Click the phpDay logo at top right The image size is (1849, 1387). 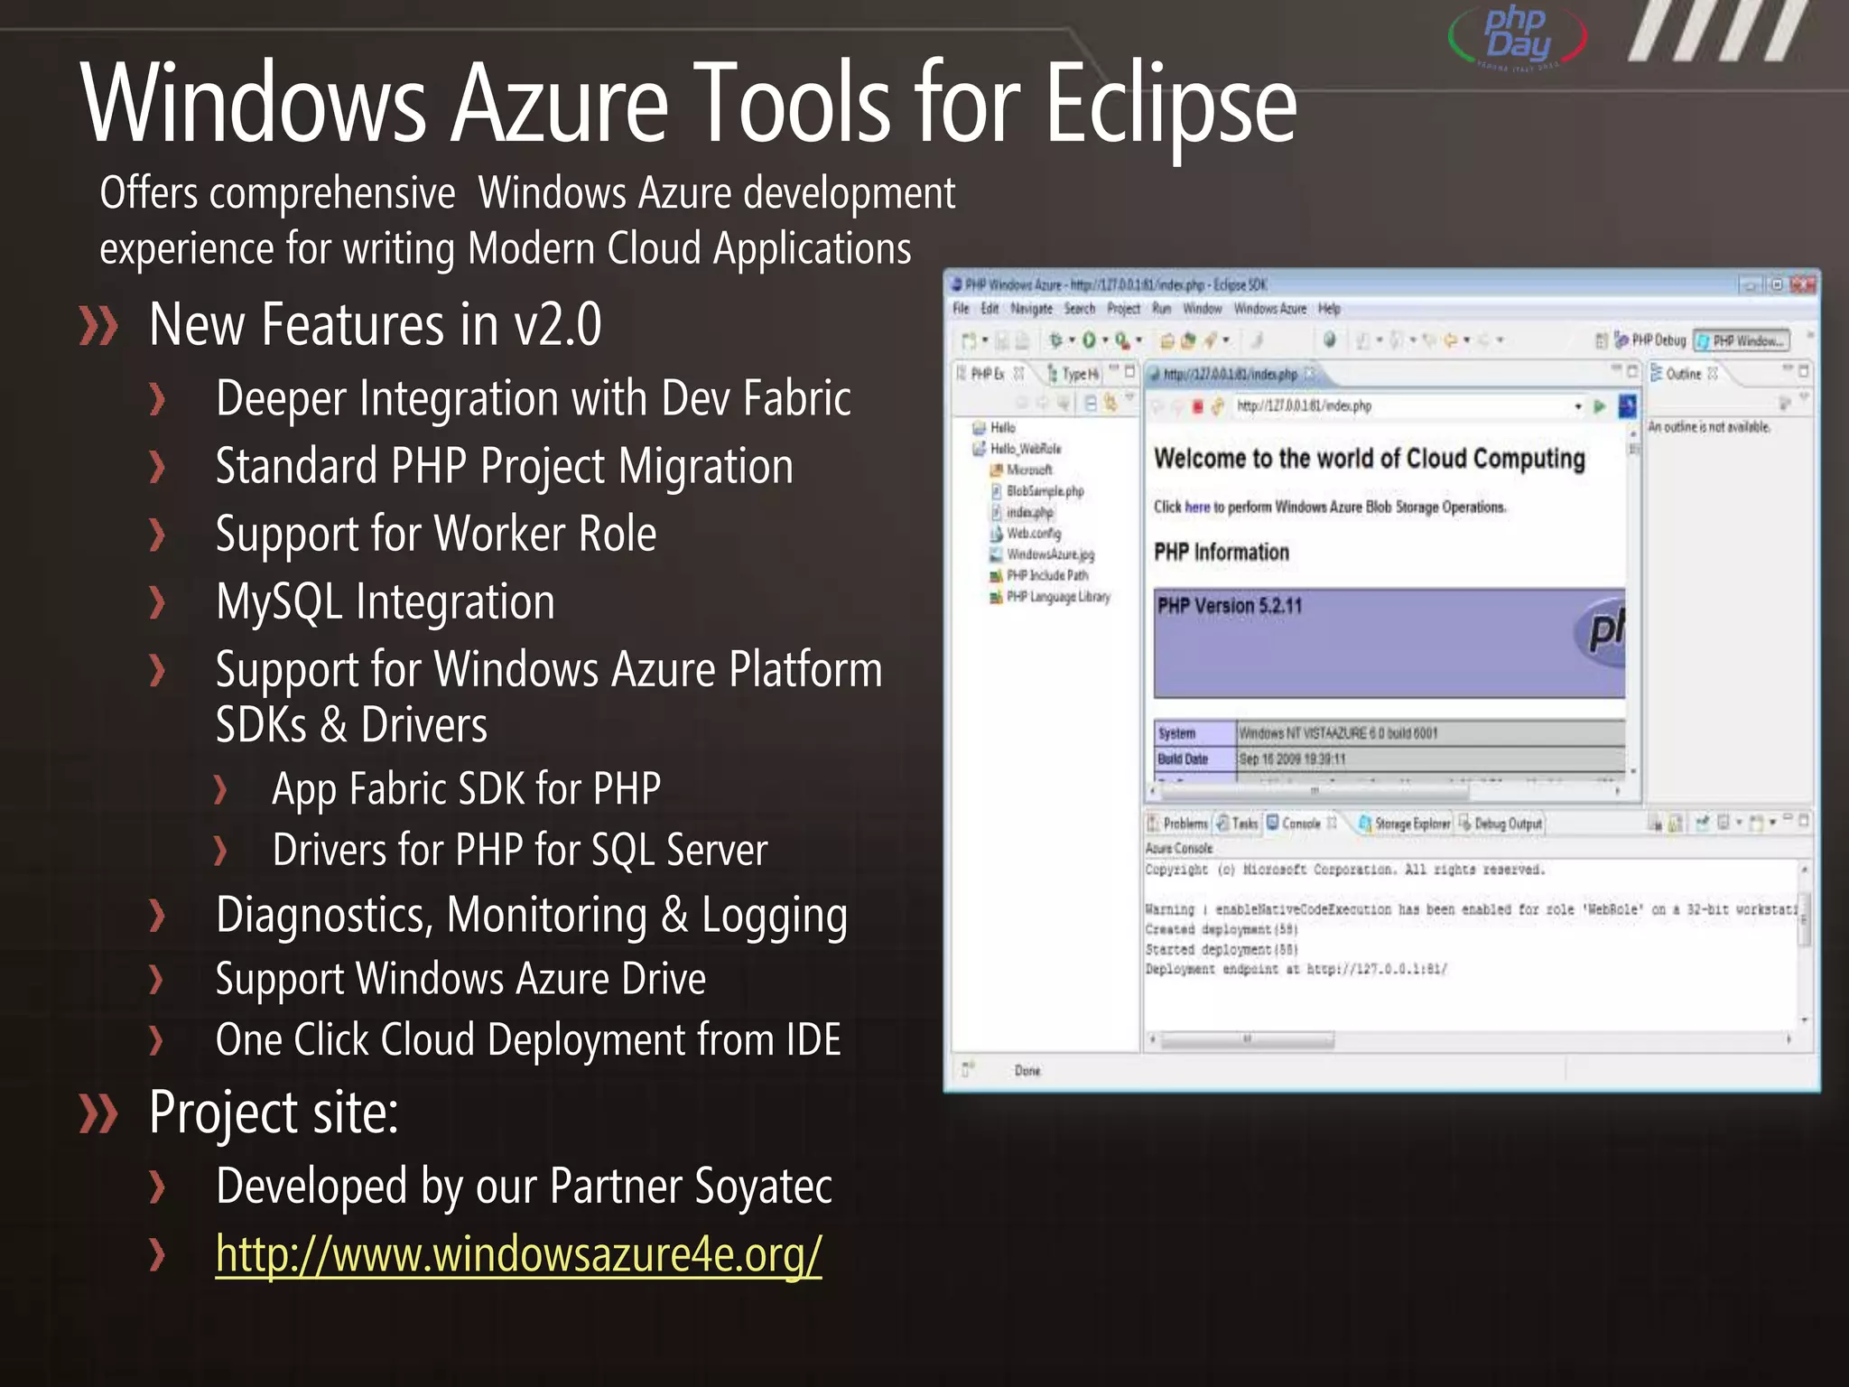(1519, 36)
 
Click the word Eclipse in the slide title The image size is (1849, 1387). (1171, 104)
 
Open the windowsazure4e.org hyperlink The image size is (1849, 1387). (518, 1254)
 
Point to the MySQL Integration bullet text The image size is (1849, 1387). (386, 601)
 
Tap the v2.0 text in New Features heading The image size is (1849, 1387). (557, 324)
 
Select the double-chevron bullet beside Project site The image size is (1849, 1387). (98, 1112)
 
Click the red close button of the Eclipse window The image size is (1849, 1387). (1803, 284)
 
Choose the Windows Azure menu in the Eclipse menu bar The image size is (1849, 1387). (1269, 309)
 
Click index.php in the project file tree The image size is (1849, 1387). (1029, 512)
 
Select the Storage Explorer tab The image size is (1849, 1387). (1411, 824)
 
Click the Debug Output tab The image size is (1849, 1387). (1507, 824)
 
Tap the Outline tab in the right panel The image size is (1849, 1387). (1682, 374)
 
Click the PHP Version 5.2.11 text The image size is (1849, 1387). (1230, 606)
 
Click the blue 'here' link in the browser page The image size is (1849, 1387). (1197, 507)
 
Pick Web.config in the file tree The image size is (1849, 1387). (1033, 534)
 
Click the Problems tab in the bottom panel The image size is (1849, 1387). (1184, 824)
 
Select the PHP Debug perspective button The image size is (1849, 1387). (1658, 340)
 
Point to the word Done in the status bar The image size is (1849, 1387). (1027, 1071)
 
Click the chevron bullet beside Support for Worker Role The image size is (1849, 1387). (158, 535)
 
